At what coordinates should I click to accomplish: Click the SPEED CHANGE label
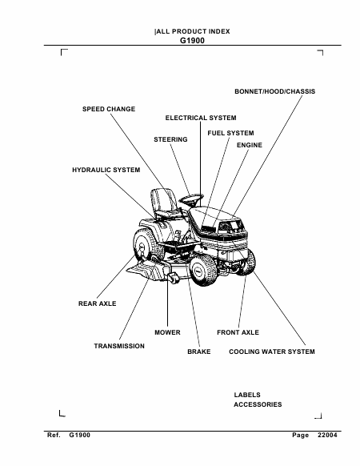pyautogui.click(x=109, y=109)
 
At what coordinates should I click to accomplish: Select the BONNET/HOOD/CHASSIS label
pyautogui.click(x=274, y=91)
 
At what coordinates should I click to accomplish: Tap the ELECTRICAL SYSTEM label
pyautogui.click(x=201, y=118)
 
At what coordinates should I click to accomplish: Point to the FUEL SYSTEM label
pyautogui.click(x=230, y=133)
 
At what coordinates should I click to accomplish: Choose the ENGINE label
pyautogui.click(x=250, y=145)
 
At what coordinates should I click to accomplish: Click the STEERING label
pyautogui.click(x=170, y=139)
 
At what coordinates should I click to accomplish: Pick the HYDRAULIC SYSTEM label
pyautogui.click(x=106, y=170)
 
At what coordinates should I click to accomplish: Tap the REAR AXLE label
pyautogui.click(x=97, y=303)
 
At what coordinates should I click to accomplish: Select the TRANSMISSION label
pyautogui.click(x=119, y=346)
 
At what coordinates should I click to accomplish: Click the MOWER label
pyautogui.click(x=167, y=332)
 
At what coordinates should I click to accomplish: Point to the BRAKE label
pyautogui.click(x=199, y=352)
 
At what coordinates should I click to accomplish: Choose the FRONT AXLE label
pyautogui.click(x=238, y=332)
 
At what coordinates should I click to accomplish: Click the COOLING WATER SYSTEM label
pyautogui.click(x=272, y=352)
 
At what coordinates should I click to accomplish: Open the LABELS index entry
pyautogui.click(x=247, y=395)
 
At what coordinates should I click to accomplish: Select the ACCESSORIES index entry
pyautogui.click(x=258, y=404)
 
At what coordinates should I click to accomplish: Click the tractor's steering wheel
pyautogui.click(x=191, y=199)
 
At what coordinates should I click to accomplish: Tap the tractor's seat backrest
pyautogui.click(x=162, y=199)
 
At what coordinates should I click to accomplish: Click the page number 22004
pyautogui.click(x=327, y=435)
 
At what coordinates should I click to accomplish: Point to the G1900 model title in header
pyautogui.click(x=193, y=40)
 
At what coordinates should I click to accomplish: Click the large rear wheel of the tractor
pyautogui.click(x=148, y=245)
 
